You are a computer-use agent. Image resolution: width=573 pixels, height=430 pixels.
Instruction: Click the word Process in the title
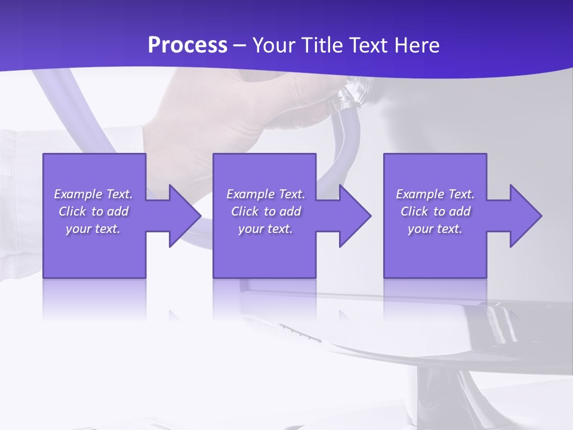click(x=187, y=45)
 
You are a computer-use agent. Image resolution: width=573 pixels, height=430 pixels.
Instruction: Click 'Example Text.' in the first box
click(x=93, y=194)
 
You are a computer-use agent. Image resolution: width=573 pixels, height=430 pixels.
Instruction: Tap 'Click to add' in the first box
click(x=93, y=211)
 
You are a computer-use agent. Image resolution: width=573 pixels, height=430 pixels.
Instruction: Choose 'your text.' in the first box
click(x=93, y=229)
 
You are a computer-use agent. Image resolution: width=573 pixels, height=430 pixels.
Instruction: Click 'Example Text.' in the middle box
click(x=266, y=194)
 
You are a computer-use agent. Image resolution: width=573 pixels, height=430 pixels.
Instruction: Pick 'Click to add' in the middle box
click(x=266, y=211)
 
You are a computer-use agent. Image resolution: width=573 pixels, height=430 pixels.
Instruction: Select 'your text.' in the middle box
click(x=266, y=229)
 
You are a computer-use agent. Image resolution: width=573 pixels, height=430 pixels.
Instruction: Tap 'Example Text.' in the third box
click(x=435, y=194)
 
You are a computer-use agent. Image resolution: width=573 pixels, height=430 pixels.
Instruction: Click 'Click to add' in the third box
click(x=435, y=211)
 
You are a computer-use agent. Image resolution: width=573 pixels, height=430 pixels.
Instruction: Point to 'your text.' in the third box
click(x=435, y=229)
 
